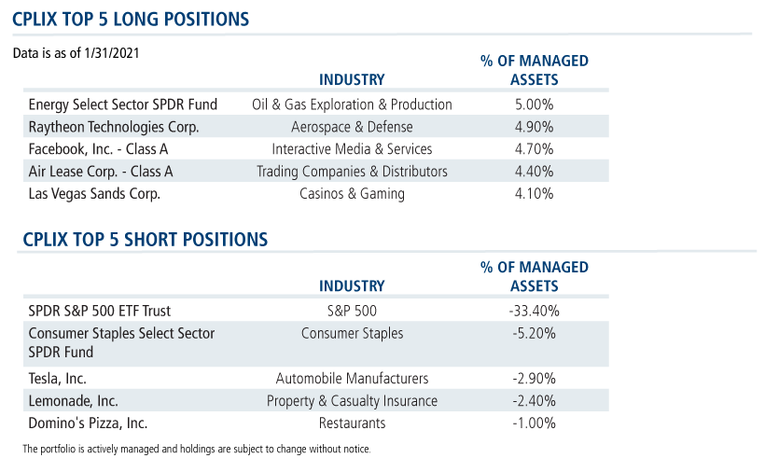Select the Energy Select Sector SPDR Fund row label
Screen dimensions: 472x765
click(122, 104)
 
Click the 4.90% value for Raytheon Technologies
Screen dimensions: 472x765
click(534, 127)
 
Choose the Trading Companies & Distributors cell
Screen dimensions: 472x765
click(352, 172)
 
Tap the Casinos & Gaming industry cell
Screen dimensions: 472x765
click(352, 194)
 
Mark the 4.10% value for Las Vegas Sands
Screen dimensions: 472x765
click(534, 194)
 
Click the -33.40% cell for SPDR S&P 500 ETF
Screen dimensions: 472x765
click(534, 311)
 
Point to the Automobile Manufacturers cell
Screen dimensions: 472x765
click(352, 378)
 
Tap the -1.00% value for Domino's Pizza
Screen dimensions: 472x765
click(534, 423)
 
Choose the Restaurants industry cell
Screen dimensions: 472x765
click(352, 423)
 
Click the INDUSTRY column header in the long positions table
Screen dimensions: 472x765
click(352, 80)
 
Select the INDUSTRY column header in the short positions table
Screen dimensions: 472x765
click(352, 286)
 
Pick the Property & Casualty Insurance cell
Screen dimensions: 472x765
click(352, 400)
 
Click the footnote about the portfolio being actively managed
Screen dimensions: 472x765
click(196, 450)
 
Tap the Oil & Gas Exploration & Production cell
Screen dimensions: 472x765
click(352, 104)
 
